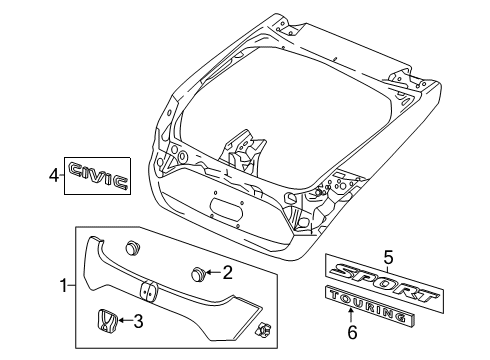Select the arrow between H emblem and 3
click(x=124, y=321)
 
